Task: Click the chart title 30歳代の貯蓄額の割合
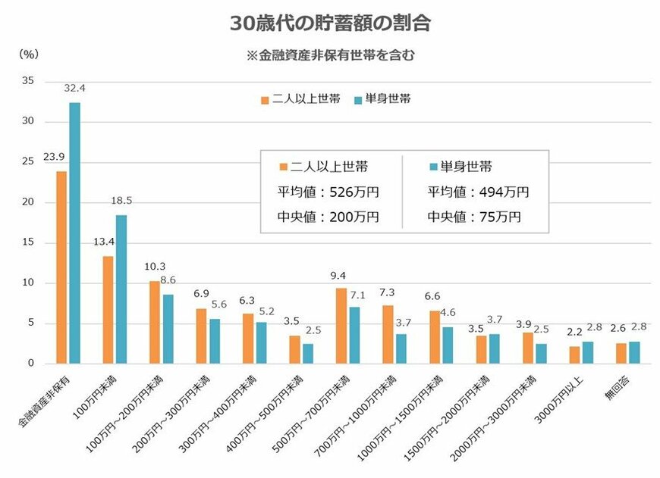(330, 23)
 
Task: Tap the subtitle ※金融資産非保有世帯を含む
(330, 55)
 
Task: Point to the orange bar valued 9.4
(341, 326)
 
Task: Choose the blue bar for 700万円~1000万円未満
(401, 348)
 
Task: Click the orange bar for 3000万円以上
(574, 355)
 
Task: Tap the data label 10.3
(154, 267)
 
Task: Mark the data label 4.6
(448, 313)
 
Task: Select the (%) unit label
(28, 55)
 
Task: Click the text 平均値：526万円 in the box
(329, 192)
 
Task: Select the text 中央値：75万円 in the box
(474, 217)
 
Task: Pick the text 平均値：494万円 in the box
(478, 192)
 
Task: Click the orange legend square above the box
(265, 99)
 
